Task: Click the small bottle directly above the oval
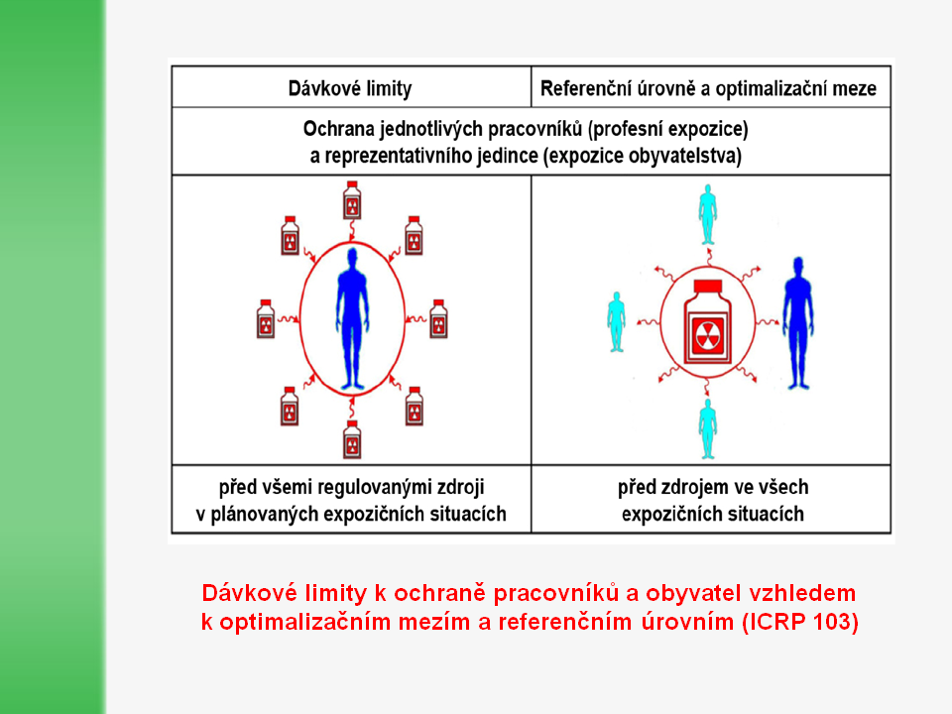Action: point(351,204)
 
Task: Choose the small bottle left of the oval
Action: point(265,318)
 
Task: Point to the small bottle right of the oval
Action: point(437,318)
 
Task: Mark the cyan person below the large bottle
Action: point(707,428)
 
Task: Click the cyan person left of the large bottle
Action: point(616,320)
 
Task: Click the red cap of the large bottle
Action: point(707,288)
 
